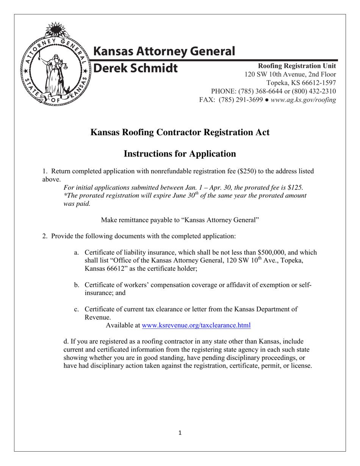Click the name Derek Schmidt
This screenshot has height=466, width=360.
coord(135,68)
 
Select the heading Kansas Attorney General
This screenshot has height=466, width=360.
coord(164,51)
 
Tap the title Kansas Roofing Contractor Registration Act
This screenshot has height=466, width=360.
coord(180,132)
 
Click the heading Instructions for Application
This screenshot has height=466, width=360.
coord(180,153)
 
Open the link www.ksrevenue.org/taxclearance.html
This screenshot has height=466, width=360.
coord(196,325)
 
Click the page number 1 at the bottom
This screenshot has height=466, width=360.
coord(180,433)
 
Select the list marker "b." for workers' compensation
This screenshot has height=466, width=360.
coord(77,285)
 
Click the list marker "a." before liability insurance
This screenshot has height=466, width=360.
coord(77,253)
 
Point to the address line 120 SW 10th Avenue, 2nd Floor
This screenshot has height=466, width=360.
coord(290,74)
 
